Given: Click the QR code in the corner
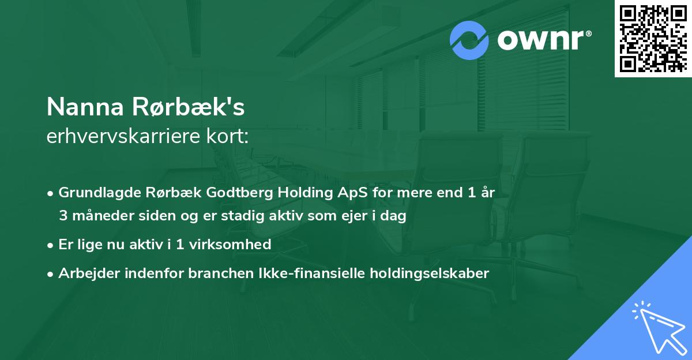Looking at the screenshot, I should tap(653, 38).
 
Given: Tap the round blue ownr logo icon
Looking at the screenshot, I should tap(469, 40).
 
